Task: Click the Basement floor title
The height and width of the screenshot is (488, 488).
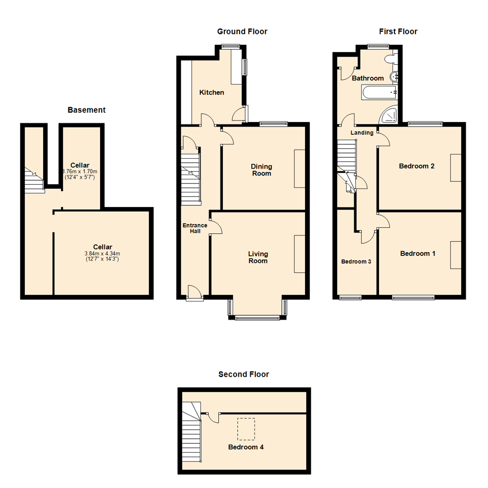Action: pos(86,110)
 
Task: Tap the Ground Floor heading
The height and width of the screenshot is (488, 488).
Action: pos(242,32)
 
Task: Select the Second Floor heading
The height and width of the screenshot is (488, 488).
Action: pos(244,374)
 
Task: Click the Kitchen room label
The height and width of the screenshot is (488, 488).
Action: pos(212,93)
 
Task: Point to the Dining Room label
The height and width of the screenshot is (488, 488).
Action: pos(262,170)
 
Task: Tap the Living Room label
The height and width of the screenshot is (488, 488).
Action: pos(258,258)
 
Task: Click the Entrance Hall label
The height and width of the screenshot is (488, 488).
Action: pos(195,228)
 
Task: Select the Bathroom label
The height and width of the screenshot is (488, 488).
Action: pos(368,78)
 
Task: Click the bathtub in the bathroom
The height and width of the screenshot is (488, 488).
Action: pos(379,93)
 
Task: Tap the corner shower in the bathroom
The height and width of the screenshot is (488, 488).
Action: pos(390,115)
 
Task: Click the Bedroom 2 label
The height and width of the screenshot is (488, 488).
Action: pos(417,166)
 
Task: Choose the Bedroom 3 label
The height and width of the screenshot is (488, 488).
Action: pos(356,262)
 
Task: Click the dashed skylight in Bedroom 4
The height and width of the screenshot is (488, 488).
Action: pos(246,429)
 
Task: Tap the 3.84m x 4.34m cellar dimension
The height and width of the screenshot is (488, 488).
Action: pos(102,253)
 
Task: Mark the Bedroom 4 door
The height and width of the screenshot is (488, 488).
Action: pos(213,418)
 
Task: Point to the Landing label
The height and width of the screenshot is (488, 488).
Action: pos(362,133)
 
